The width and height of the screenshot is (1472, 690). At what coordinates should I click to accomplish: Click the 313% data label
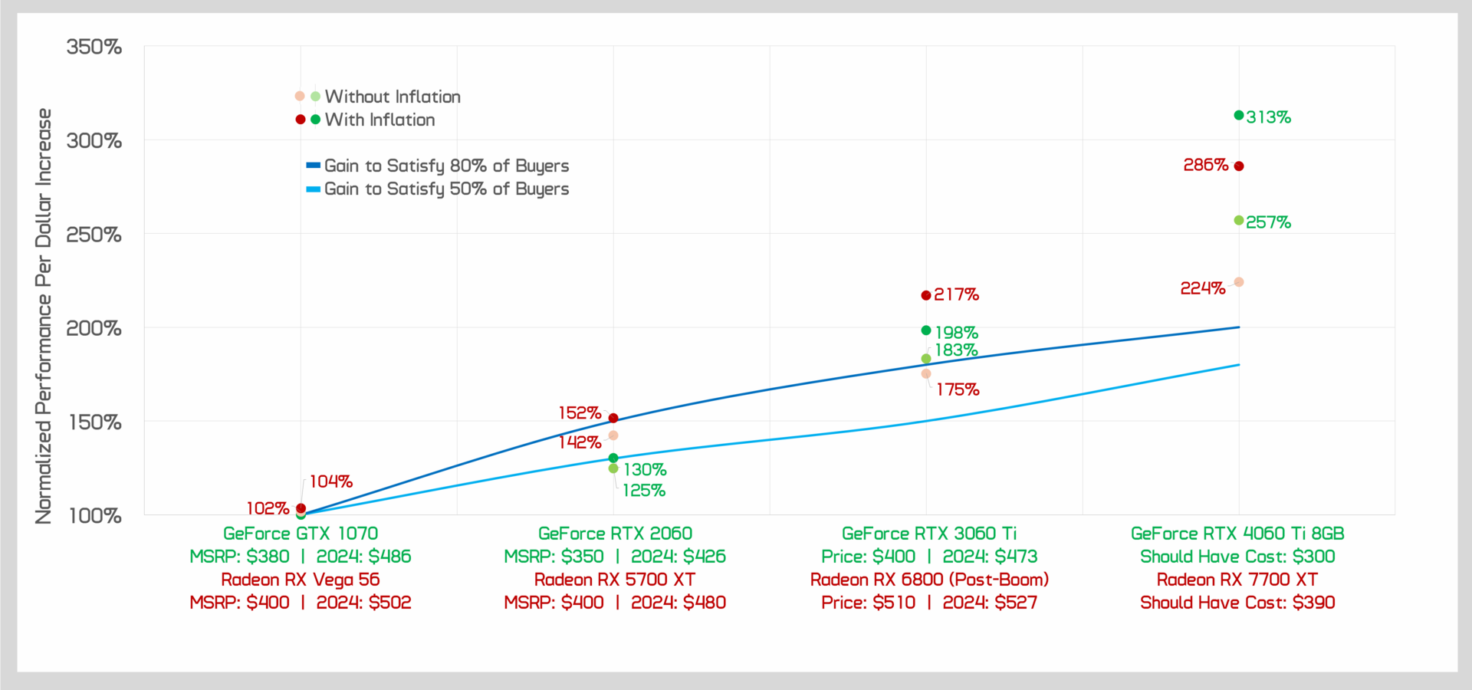[x=1268, y=117]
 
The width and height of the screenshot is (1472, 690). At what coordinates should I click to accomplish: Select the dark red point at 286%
[x=1239, y=166]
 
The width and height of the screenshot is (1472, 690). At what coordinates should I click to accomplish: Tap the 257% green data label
[x=1268, y=222]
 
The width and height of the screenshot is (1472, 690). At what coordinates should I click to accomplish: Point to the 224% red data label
[x=1203, y=288]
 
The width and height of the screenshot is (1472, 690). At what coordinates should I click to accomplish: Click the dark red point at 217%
[x=926, y=295]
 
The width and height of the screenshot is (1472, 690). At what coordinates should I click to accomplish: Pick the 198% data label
[x=956, y=333]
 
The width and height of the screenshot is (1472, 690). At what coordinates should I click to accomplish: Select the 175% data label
[x=958, y=389]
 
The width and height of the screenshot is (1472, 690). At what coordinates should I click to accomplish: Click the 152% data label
[x=580, y=413]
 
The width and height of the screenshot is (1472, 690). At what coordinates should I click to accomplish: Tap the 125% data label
[x=644, y=491]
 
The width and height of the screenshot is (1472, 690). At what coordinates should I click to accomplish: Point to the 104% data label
[x=331, y=481]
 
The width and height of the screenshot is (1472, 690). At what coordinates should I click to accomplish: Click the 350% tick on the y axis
[x=94, y=47]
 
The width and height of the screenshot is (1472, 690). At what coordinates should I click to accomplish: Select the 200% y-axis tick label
[x=94, y=328]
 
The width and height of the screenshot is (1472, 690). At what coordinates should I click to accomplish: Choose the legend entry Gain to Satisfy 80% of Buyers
[x=446, y=166]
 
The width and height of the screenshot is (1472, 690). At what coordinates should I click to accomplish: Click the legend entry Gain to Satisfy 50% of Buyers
[x=446, y=189]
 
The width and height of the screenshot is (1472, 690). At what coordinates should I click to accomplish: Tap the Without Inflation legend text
[x=393, y=97]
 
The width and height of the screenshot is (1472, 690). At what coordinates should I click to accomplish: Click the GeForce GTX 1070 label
[x=301, y=534]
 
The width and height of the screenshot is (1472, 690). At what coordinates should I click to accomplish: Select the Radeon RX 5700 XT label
[x=615, y=580]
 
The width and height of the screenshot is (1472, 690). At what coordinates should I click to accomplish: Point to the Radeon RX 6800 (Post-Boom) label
[x=929, y=580]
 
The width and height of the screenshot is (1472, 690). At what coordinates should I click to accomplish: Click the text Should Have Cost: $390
[x=1237, y=603]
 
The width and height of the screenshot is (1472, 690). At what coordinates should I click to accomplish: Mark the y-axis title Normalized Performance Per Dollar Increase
[x=44, y=316]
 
